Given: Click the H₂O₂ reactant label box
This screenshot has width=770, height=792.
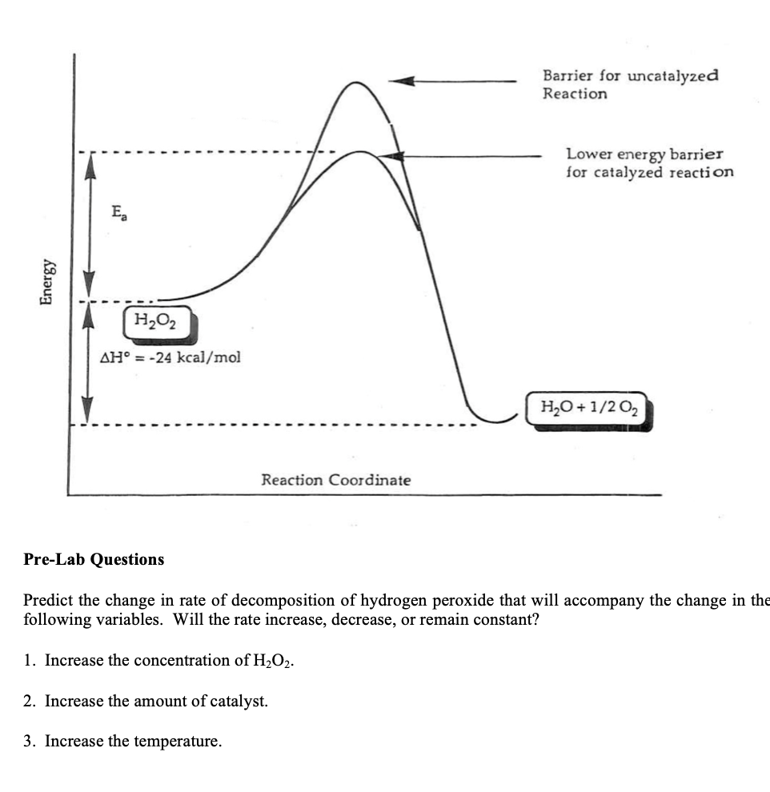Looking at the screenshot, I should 158,323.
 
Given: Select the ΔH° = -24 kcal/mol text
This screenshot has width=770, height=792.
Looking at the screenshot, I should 169,357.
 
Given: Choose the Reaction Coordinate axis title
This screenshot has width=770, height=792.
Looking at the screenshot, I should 335,480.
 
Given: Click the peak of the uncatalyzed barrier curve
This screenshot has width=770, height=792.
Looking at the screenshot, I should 353,82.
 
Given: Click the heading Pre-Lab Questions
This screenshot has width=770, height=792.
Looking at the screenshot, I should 94,560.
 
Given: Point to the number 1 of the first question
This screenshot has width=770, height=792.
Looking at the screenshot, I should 29,661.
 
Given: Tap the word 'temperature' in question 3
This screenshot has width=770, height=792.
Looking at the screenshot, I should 180,742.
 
